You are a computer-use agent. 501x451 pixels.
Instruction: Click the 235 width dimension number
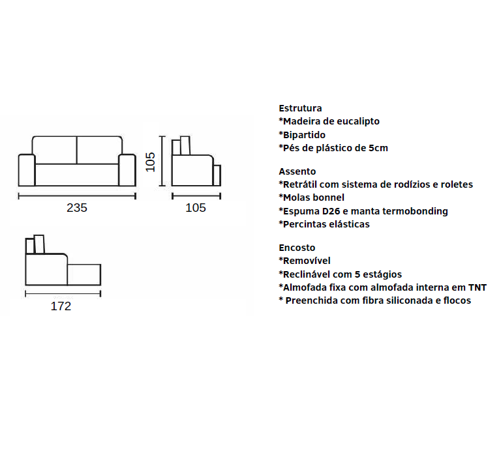coord(77,208)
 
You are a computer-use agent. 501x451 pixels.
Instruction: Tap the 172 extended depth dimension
coord(61,306)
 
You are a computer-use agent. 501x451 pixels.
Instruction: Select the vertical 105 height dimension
coord(150,162)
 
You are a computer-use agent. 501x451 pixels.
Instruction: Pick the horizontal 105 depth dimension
coord(196,208)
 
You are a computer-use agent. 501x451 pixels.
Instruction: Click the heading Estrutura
coord(300,108)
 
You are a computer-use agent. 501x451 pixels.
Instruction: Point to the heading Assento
coord(297,171)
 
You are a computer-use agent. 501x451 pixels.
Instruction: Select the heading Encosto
coord(297,248)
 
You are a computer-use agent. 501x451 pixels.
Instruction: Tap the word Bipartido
coord(304,135)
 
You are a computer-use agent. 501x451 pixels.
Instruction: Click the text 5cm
coord(378,148)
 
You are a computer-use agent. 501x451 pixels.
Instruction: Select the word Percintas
coord(305,224)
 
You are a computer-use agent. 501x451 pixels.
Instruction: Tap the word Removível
coord(307,261)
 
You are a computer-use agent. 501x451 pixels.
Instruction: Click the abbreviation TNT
coord(478,287)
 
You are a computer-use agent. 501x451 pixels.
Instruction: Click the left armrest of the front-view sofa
coord(27,170)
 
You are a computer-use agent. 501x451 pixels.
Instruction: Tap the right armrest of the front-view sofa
coord(127,170)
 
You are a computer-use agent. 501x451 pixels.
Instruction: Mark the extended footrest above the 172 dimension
coord(84,274)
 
